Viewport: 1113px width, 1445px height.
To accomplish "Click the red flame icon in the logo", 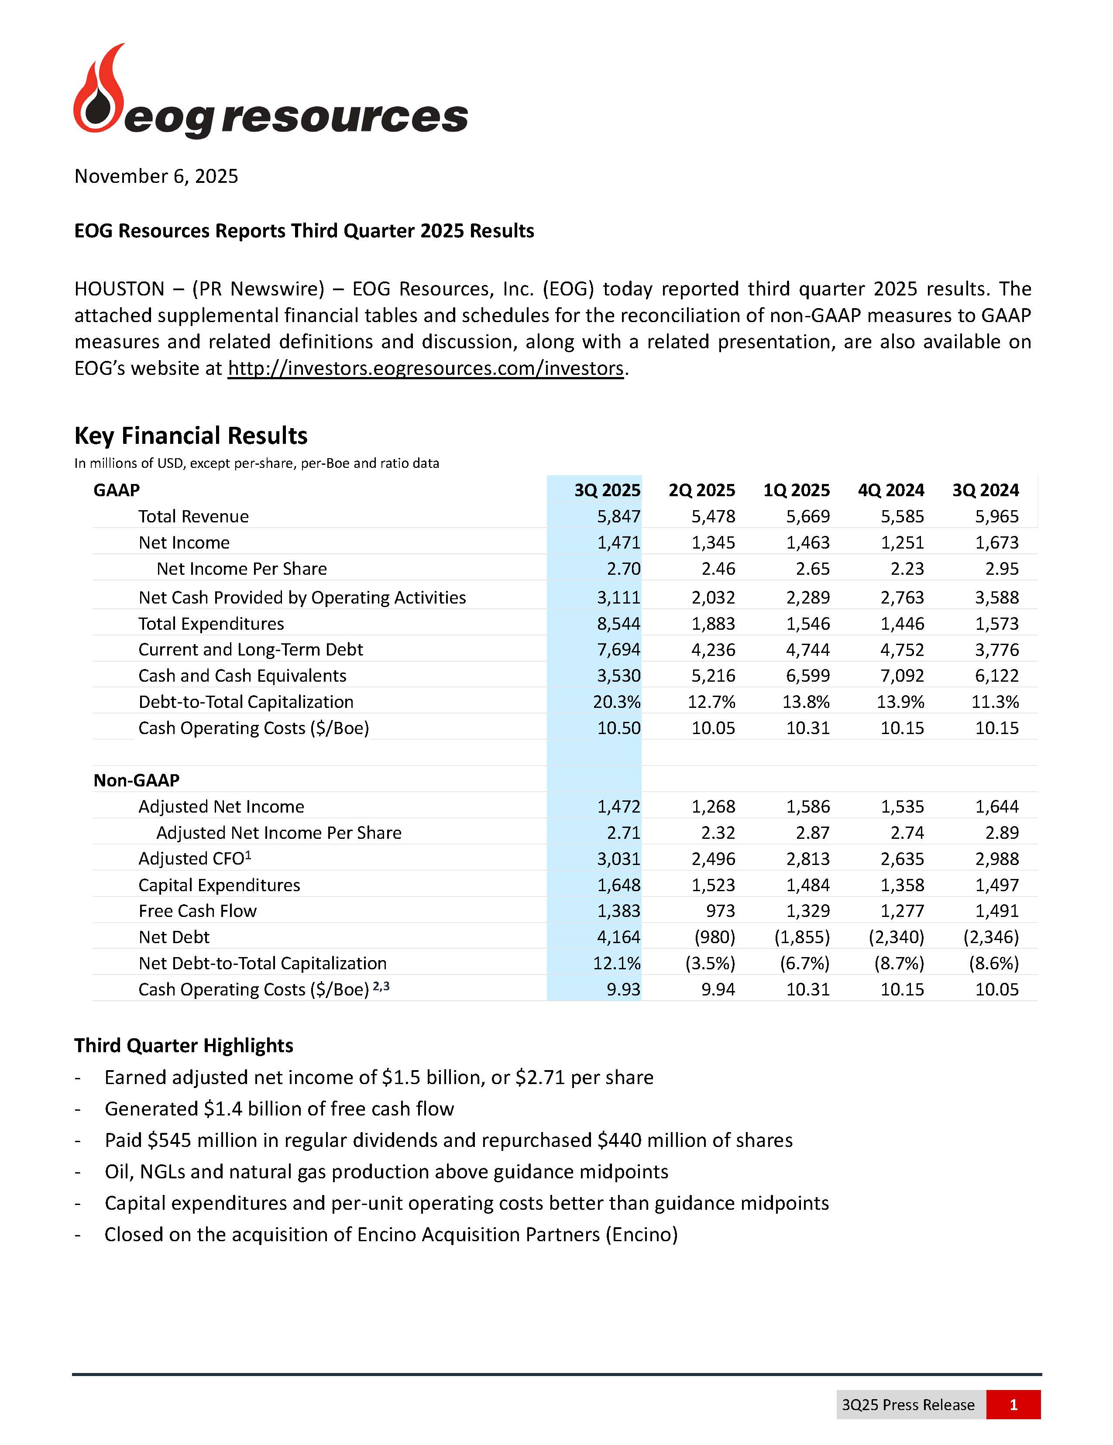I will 99,93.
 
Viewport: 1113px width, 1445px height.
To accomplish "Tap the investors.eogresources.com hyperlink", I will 426,368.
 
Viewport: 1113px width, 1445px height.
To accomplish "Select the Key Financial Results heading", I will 191,436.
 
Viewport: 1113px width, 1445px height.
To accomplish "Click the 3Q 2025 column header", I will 607,490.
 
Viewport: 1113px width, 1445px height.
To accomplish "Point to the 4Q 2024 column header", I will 891,490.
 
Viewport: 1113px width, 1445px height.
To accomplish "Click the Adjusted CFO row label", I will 195,859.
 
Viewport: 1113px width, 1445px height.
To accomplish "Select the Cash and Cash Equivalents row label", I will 242,676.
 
